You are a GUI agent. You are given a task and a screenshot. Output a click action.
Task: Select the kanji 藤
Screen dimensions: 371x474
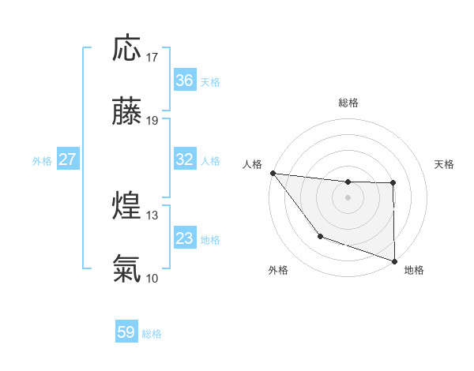pyautogui.click(x=126, y=112)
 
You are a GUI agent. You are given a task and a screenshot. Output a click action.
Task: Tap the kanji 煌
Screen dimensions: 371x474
pyautogui.click(x=126, y=206)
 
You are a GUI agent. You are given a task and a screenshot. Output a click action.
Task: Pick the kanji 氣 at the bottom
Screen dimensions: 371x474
pyautogui.click(x=126, y=269)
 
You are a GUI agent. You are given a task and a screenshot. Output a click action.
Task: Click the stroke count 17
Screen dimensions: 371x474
pyautogui.click(x=153, y=58)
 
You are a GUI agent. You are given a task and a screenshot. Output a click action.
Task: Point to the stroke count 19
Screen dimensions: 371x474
pyautogui.click(x=153, y=121)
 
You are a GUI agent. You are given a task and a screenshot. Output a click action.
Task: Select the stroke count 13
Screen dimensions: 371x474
pyautogui.click(x=153, y=215)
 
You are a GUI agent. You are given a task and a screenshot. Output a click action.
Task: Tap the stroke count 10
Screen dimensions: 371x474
pyautogui.click(x=153, y=278)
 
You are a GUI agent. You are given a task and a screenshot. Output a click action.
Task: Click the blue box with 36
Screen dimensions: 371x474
pyautogui.click(x=185, y=81)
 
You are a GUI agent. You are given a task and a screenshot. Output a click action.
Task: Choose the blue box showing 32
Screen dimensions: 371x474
pyautogui.click(x=185, y=159)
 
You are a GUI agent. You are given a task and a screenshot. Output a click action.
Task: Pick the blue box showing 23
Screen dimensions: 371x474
pyautogui.click(x=185, y=238)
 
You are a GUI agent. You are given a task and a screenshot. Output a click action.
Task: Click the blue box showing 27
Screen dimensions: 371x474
pyautogui.click(x=67, y=159)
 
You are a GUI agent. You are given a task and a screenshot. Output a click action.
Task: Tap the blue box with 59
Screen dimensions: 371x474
pyautogui.click(x=126, y=332)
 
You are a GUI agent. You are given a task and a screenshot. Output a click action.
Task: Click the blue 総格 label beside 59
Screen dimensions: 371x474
pyautogui.click(x=152, y=334)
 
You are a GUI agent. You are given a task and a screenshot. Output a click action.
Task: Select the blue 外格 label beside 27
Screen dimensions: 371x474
pyautogui.click(x=42, y=161)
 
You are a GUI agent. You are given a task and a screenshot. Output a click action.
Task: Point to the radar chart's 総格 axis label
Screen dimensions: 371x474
pyautogui.click(x=348, y=103)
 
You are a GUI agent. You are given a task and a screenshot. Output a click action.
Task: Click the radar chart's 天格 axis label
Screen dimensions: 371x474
pyautogui.click(x=445, y=164)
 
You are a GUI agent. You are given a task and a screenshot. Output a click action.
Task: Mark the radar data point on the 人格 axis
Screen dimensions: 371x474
pyautogui.click(x=273, y=173)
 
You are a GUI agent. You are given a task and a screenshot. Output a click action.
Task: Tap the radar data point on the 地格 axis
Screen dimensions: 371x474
pyautogui.click(x=394, y=260)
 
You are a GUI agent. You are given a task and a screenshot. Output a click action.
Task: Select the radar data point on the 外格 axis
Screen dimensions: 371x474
pyautogui.click(x=320, y=236)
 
